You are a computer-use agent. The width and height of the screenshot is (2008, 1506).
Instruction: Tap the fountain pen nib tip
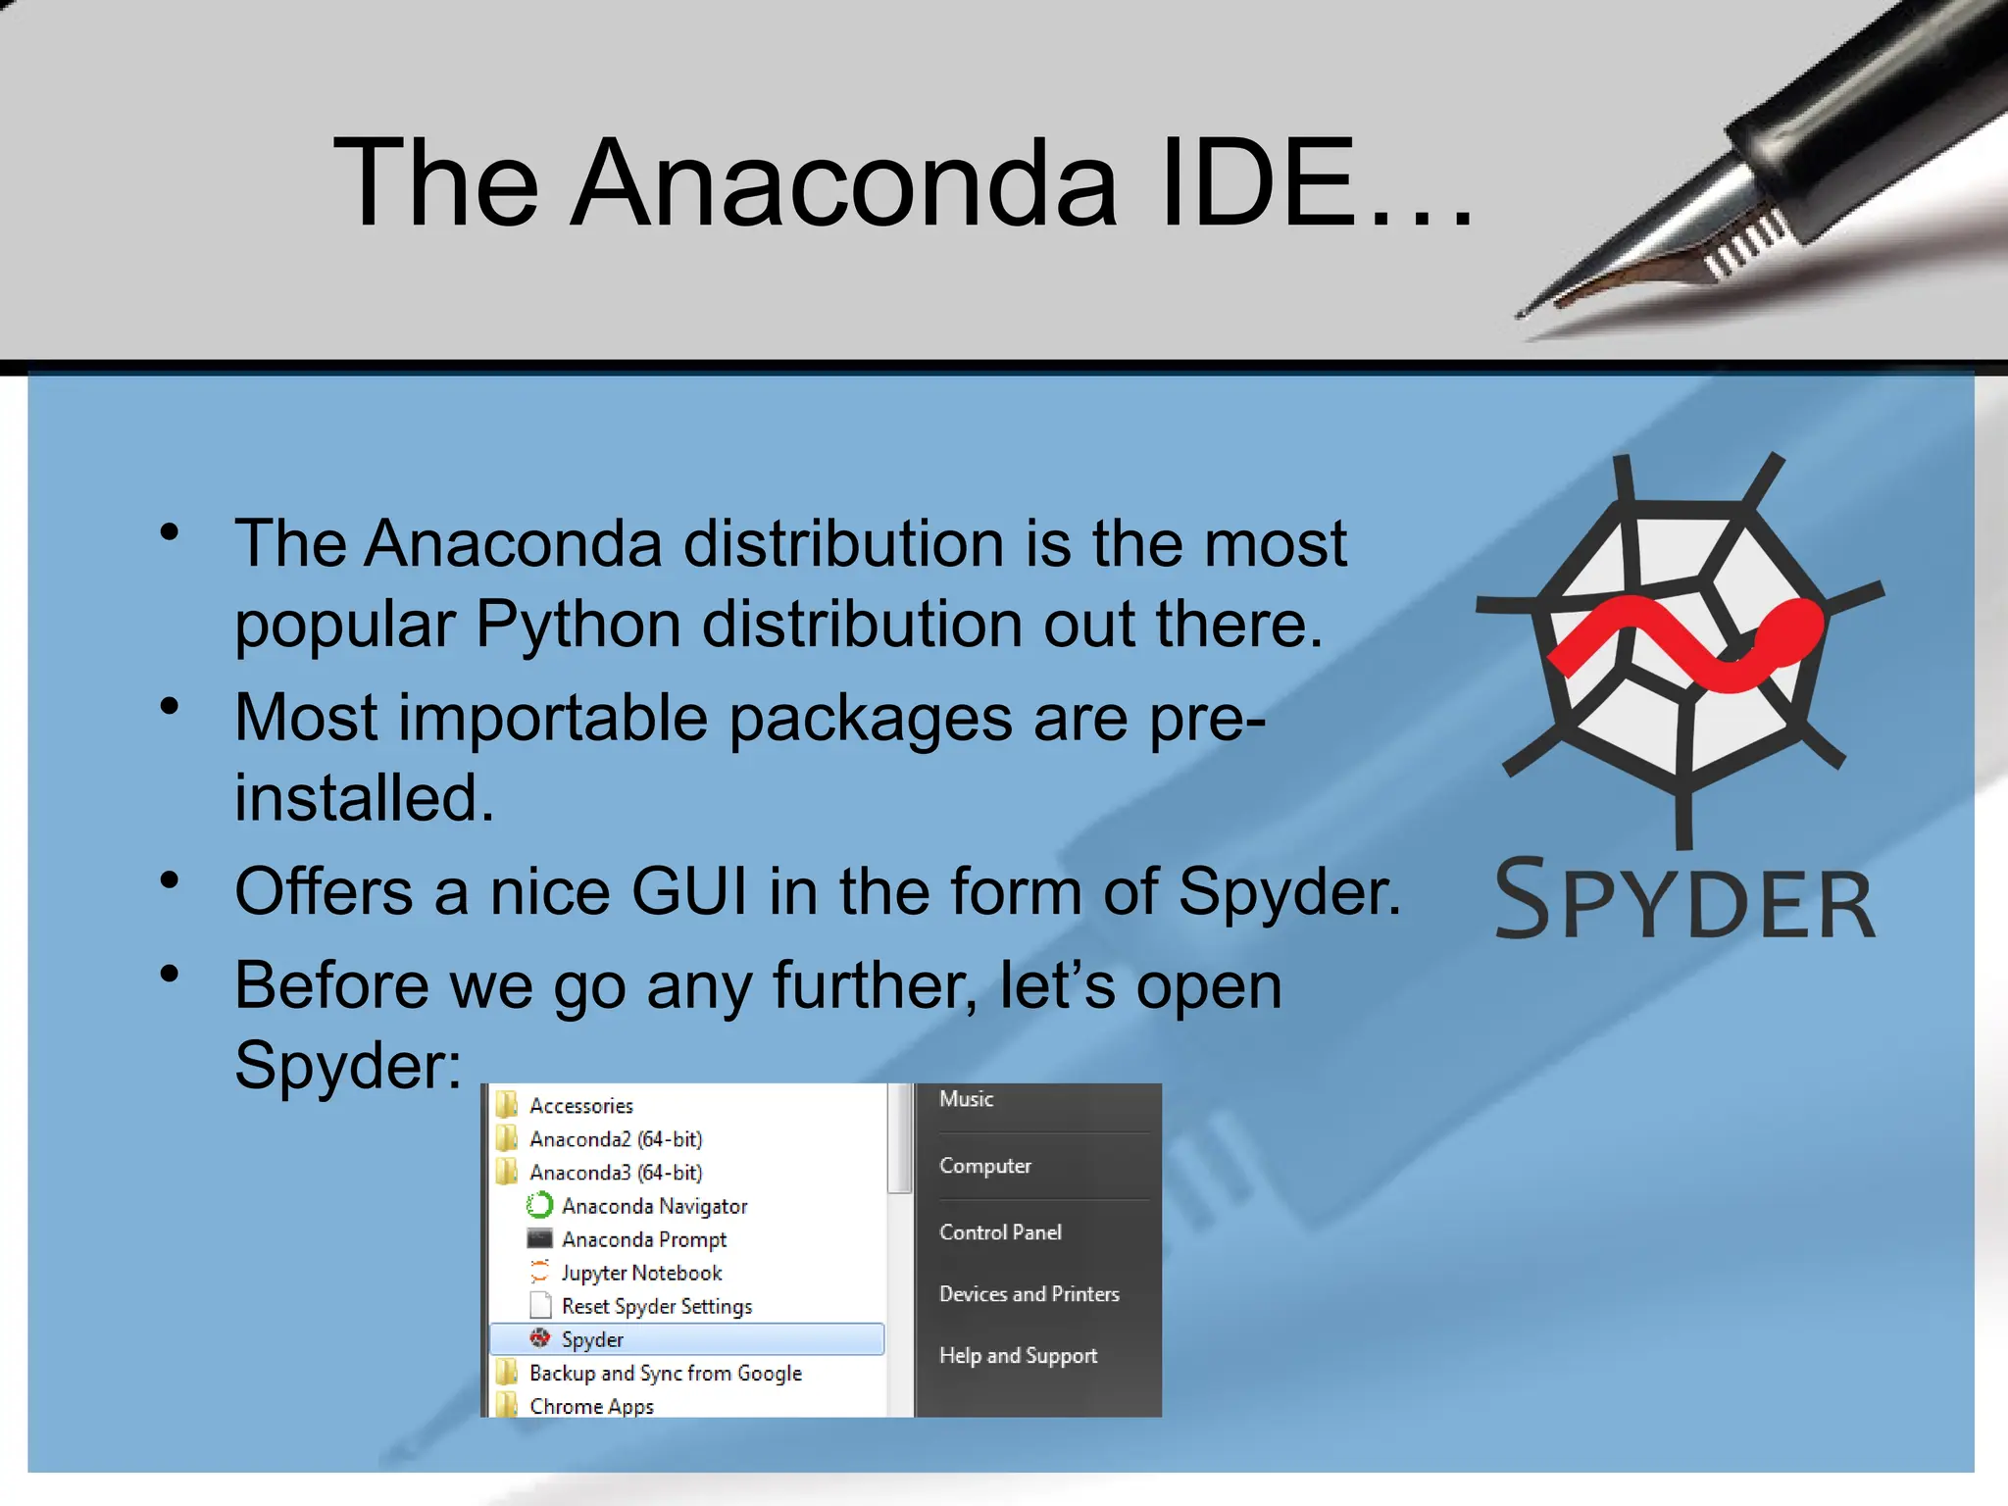click(x=1523, y=314)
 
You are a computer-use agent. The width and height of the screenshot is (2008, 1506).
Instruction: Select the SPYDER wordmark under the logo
click(x=1684, y=900)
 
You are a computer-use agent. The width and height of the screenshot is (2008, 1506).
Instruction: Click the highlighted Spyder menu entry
click(x=592, y=1339)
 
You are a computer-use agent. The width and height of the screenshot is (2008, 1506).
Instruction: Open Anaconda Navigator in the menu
click(x=654, y=1206)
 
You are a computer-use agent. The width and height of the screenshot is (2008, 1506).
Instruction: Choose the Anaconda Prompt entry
click(x=644, y=1239)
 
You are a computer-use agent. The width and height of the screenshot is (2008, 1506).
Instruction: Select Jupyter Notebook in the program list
click(x=641, y=1273)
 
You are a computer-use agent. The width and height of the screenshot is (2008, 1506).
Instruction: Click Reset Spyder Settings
click(x=657, y=1306)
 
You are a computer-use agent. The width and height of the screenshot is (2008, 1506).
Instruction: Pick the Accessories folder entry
click(x=581, y=1106)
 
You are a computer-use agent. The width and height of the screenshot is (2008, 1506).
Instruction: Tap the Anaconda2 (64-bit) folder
click(x=616, y=1139)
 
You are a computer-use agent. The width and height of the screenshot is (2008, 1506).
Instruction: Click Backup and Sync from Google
click(x=666, y=1373)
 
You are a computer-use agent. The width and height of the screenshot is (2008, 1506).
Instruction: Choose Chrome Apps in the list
click(x=591, y=1406)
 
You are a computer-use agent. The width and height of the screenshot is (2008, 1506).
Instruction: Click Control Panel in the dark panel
click(x=1000, y=1232)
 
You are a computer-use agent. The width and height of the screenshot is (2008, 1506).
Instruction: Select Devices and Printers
click(x=1029, y=1294)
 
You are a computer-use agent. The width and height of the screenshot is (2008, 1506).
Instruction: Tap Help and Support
click(x=1018, y=1356)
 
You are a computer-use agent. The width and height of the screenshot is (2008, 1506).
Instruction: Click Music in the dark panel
click(x=966, y=1099)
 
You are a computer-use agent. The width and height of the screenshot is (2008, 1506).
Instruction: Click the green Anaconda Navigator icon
click(x=539, y=1205)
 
